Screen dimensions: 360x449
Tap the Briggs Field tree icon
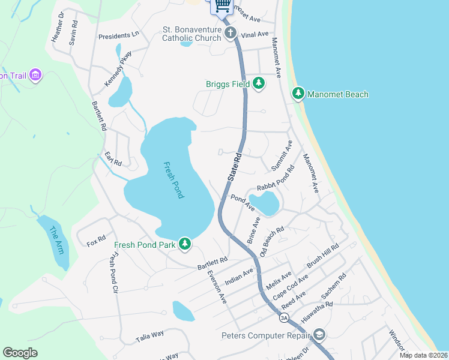point(259,83)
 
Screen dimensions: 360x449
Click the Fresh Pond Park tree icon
point(185,244)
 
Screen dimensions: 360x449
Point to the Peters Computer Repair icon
point(320,334)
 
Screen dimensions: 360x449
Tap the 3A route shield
point(284,317)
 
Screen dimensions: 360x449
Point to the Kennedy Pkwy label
point(118,69)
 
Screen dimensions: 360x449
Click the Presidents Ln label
point(119,35)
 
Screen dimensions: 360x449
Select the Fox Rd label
point(95,244)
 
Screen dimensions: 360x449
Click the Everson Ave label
point(216,286)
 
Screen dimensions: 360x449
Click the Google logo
point(20,353)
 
